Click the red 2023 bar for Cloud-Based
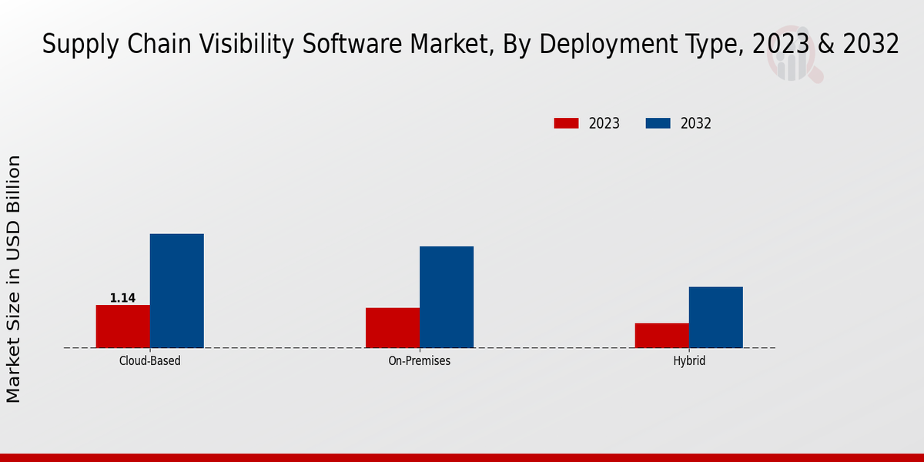pyautogui.click(x=123, y=326)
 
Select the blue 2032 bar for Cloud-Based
pyautogui.click(x=177, y=290)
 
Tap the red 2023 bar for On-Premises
pyautogui.click(x=393, y=328)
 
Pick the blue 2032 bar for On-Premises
pyautogui.click(x=447, y=296)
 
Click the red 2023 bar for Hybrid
pyautogui.click(x=662, y=336)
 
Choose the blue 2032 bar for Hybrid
pyautogui.click(x=716, y=317)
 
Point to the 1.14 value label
pyautogui.click(x=122, y=298)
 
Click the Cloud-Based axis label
pyautogui.click(x=150, y=360)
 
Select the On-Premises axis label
pyautogui.click(x=420, y=360)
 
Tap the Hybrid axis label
pyautogui.click(x=689, y=360)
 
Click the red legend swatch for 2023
pyautogui.click(x=566, y=123)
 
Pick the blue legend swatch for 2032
pyautogui.click(x=658, y=123)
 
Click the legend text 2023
pyautogui.click(x=604, y=123)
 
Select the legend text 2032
pyautogui.click(x=696, y=123)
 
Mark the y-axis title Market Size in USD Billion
pyautogui.click(x=14, y=279)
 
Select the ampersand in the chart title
pyautogui.click(x=825, y=45)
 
